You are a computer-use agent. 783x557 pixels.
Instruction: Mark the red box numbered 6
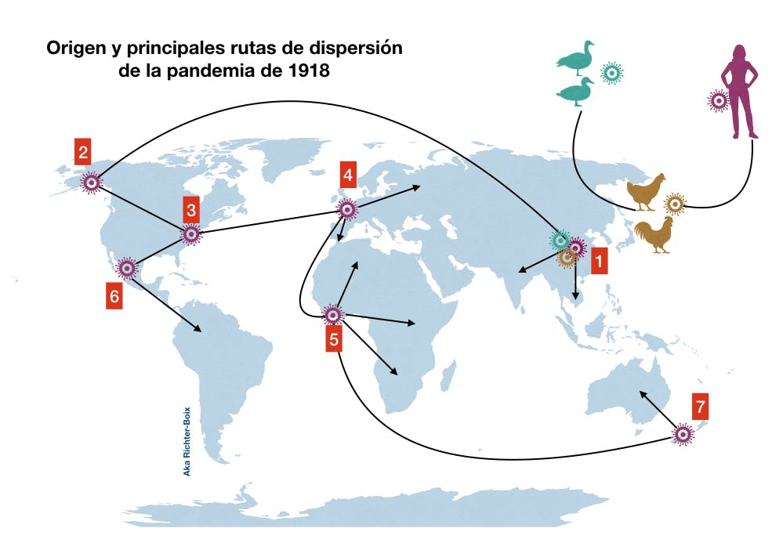click(x=115, y=297)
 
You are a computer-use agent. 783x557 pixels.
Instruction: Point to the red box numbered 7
click(x=701, y=407)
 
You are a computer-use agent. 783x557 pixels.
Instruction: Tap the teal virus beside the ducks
click(x=612, y=73)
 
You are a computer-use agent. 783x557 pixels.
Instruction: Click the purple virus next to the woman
click(x=717, y=100)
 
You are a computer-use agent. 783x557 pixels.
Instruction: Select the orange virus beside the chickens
click(x=675, y=204)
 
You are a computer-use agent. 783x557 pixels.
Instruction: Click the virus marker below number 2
click(x=92, y=183)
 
